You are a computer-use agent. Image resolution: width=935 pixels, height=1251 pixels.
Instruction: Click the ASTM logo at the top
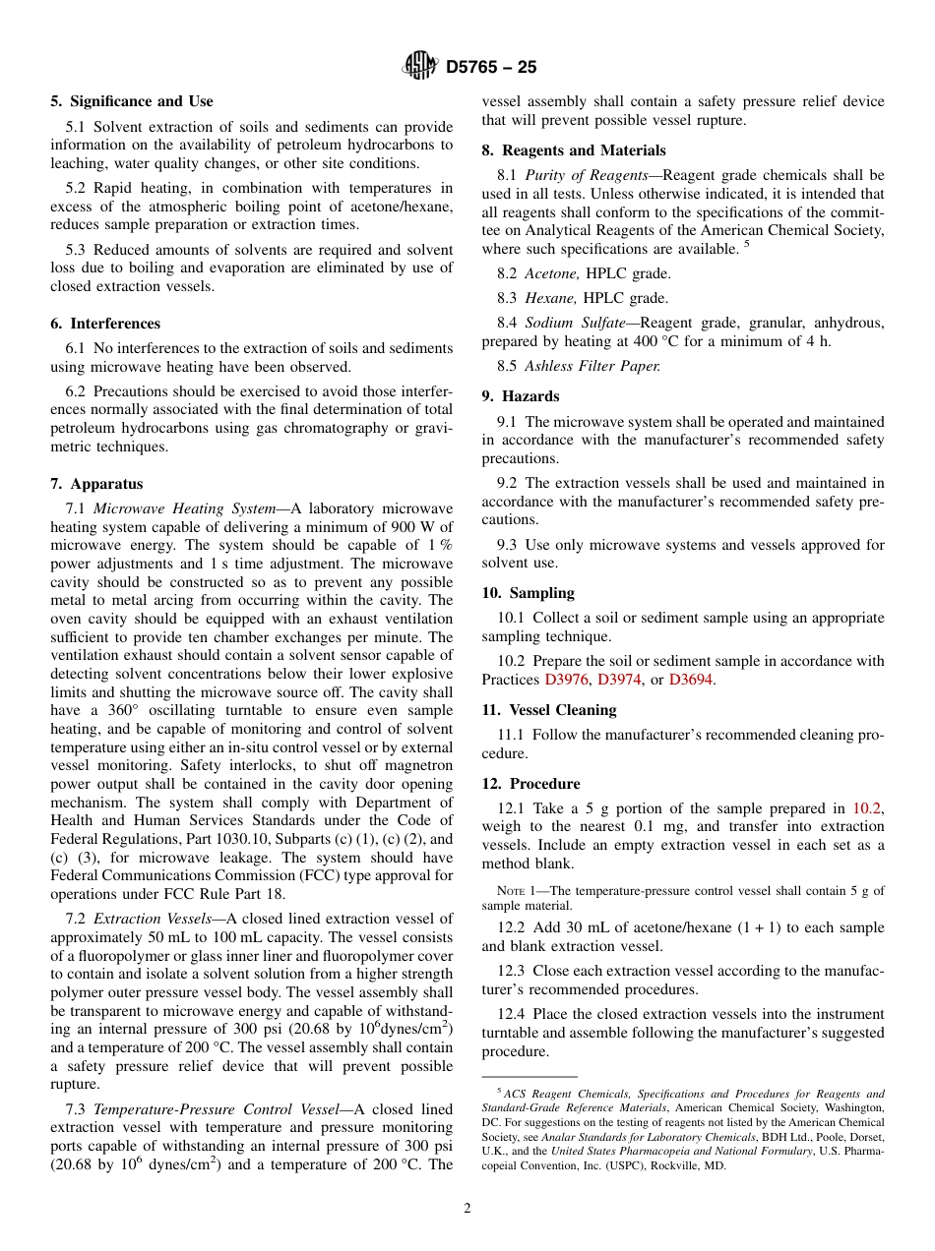coord(420,67)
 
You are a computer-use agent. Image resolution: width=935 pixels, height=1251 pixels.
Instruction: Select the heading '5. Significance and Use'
coord(131,101)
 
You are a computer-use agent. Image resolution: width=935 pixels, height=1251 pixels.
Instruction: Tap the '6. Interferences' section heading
coord(105,324)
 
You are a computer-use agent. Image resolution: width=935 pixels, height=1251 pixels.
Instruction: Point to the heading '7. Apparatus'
coord(96,484)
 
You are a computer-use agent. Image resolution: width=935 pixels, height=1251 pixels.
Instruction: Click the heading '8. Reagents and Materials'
coord(574,150)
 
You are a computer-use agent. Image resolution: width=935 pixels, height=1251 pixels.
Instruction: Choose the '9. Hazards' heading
coord(520,396)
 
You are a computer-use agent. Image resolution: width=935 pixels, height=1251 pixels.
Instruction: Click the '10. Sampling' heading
coord(528,593)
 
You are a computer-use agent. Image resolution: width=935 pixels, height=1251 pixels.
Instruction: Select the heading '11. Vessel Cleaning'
coord(549,710)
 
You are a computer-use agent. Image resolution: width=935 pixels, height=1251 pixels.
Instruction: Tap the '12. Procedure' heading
coord(530,784)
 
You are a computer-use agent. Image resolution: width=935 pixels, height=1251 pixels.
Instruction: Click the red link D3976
coord(567,680)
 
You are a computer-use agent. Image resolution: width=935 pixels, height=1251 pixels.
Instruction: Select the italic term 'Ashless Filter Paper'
coord(592,366)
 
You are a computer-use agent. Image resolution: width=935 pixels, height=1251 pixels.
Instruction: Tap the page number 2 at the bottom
coord(467,1209)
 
